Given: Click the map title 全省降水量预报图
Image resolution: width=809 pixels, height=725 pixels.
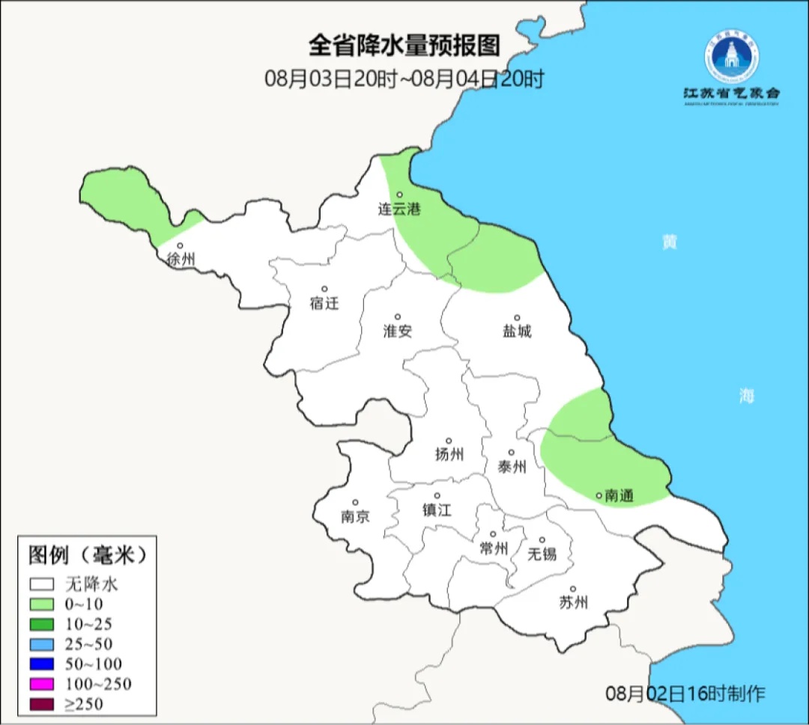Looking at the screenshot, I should click(404, 46).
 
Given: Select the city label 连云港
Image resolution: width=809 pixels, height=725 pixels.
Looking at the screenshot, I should click(399, 209).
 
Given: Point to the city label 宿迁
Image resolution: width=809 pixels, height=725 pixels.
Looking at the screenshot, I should click(324, 304).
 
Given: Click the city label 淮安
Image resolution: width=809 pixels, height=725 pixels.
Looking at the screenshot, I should click(398, 331).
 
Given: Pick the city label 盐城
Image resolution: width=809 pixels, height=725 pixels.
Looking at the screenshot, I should click(517, 331).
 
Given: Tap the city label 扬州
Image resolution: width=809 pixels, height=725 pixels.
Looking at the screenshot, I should click(449, 454).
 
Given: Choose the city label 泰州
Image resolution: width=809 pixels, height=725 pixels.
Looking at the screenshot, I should click(512, 468).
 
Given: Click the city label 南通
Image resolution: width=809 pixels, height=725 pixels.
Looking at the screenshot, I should click(619, 495).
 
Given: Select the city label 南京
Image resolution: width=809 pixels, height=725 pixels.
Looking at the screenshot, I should click(355, 516).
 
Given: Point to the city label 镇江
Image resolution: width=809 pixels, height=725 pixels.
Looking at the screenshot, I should click(437, 510).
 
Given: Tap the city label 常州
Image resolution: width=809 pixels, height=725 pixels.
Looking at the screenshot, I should click(494, 548).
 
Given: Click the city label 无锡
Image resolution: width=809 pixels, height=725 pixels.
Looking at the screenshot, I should click(542, 554).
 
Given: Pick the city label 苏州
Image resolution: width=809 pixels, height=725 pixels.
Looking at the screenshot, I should click(574, 602).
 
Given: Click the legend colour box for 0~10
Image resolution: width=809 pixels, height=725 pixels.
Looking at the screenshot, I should click(43, 605).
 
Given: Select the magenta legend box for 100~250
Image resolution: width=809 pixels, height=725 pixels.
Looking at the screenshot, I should click(43, 684).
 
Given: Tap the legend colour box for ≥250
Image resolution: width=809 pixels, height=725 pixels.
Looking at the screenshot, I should click(43, 704).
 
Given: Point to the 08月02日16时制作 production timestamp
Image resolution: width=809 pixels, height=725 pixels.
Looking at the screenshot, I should click(685, 694).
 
